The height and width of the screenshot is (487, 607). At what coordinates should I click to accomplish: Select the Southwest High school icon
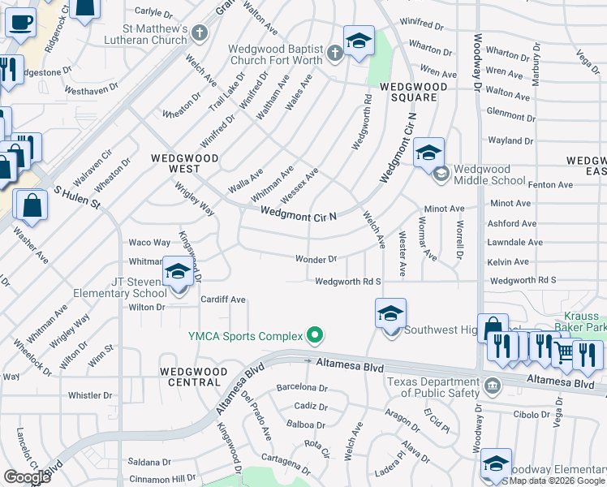pyautogui.click(x=390, y=314)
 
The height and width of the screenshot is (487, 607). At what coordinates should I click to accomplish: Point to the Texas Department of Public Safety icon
pyautogui.click(x=492, y=382)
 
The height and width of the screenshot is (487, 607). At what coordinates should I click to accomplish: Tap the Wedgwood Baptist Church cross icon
pyautogui.click(x=335, y=54)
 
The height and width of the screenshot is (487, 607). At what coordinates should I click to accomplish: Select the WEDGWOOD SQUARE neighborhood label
pyautogui.click(x=403, y=92)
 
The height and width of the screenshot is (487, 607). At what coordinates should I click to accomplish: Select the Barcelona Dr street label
pyautogui.click(x=301, y=388)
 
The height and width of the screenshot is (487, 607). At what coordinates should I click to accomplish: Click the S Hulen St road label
pyautogui.click(x=76, y=199)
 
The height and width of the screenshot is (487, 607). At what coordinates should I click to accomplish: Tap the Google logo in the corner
pyautogui.click(x=27, y=476)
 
